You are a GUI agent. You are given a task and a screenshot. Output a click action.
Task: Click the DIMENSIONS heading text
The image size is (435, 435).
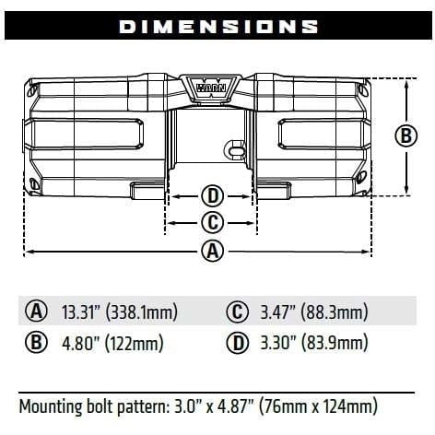[x=218, y=27]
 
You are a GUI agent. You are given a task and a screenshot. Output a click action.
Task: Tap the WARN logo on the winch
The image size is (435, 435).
[x=211, y=88]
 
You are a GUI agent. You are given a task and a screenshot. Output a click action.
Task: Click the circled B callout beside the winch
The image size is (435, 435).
[x=406, y=135]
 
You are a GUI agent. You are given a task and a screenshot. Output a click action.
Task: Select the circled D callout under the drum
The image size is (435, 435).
[x=213, y=196]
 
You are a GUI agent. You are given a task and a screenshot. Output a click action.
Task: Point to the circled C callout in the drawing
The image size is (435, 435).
[x=213, y=222]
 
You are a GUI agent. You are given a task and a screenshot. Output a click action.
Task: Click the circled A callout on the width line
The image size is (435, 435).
[x=213, y=252]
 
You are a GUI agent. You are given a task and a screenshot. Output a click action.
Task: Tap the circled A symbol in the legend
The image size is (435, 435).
[x=36, y=312]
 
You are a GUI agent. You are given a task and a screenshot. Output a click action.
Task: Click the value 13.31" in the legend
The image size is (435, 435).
[x=82, y=312]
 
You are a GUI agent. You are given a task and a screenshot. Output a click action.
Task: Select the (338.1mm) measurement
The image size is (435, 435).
[x=142, y=312]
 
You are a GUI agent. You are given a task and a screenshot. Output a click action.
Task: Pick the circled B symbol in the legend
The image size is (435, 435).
[x=36, y=343]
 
